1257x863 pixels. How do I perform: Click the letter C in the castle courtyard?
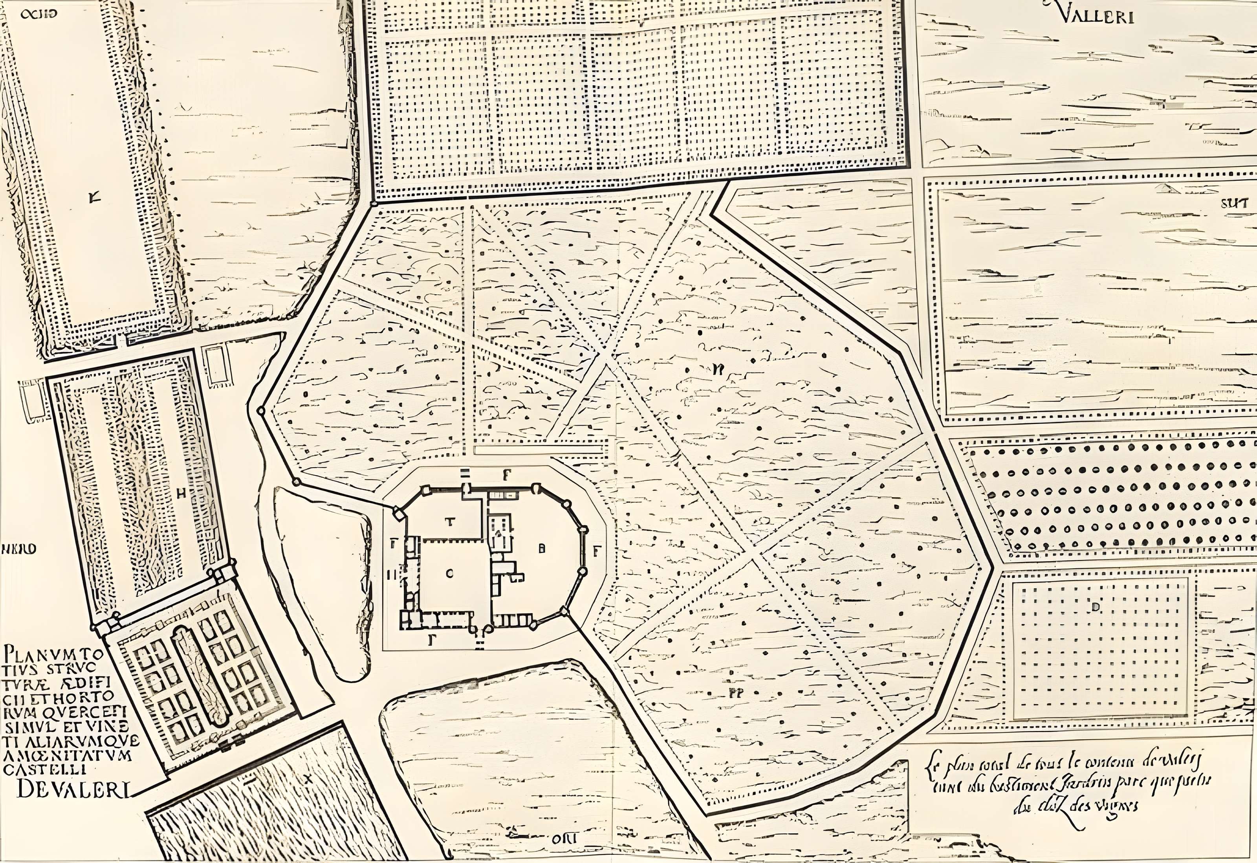pos(448,574)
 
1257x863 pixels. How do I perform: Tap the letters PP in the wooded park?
pos(734,692)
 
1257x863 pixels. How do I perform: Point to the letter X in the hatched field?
pos(309,779)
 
